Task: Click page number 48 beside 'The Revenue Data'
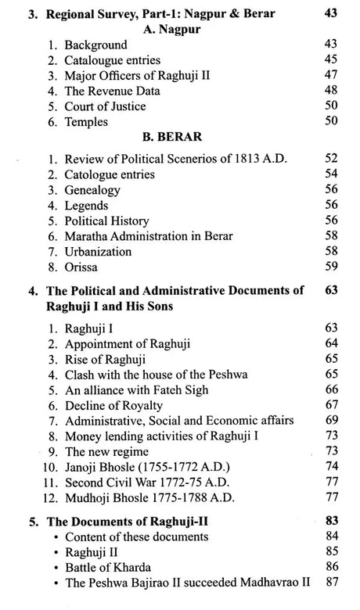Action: tap(331, 90)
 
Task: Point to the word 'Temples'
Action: tap(87, 122)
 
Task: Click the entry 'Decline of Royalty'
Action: tap(114, 404)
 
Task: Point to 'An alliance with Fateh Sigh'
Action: tap(138, 389)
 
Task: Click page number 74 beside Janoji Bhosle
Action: tap(331, 467)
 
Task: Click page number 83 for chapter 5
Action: tap(331, 520)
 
